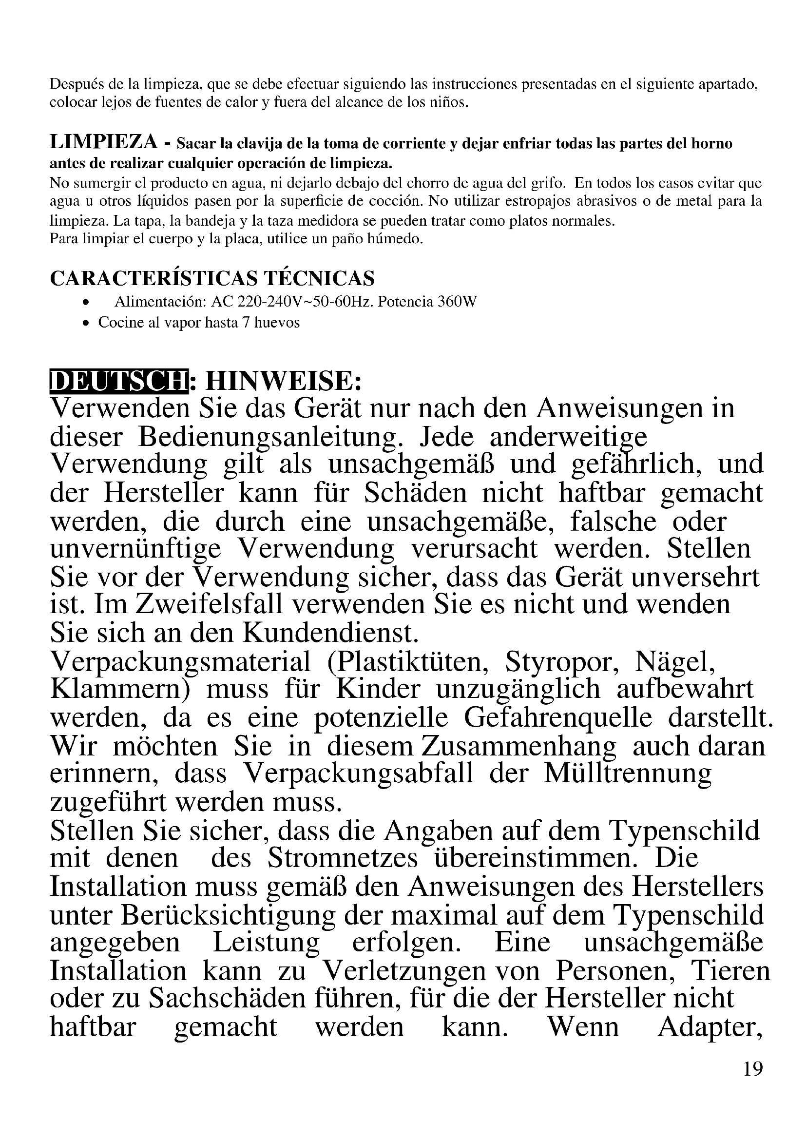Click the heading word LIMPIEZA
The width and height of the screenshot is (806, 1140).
[x=103, y=142]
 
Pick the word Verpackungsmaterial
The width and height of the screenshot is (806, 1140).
[x=181, y=662]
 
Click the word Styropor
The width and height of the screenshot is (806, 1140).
[x=561, y=662]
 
